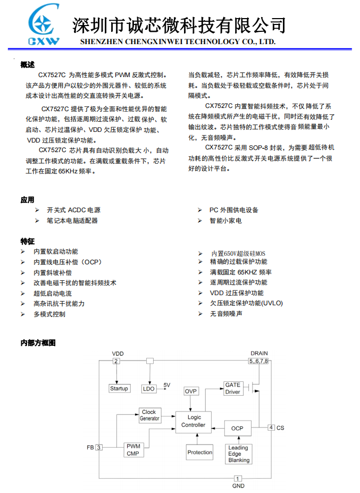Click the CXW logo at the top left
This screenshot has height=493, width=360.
(x=44, y=27)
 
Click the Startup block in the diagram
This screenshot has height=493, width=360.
(x=119, y=389)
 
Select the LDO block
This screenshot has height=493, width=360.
(x=149, y=389)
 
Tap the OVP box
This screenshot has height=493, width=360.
(x=190, y=391)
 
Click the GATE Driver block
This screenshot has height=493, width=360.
(x=232, y=388)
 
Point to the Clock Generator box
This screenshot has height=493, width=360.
(x=149, y=415)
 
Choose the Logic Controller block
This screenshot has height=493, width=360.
(x=193, y=421)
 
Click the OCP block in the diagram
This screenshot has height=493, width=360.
(x=237, y=428)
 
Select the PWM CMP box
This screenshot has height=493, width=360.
(x=132, y=450)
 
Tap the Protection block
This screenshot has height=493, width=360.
(x=199, y=453)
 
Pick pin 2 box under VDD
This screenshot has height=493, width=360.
(x=116, y=362)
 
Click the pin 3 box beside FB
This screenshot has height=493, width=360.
(x=99, y=448)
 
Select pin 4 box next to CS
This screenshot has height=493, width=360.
(x=271, y=428)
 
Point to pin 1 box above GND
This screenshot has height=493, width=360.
(x=238, y=478)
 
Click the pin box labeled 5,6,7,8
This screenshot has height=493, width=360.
(x=259, y=362)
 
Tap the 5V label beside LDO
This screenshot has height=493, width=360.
(x=167, y=385)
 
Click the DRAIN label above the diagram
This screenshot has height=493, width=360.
(x=259, y=354)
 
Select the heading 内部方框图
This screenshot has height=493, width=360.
(x=38, y=343)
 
